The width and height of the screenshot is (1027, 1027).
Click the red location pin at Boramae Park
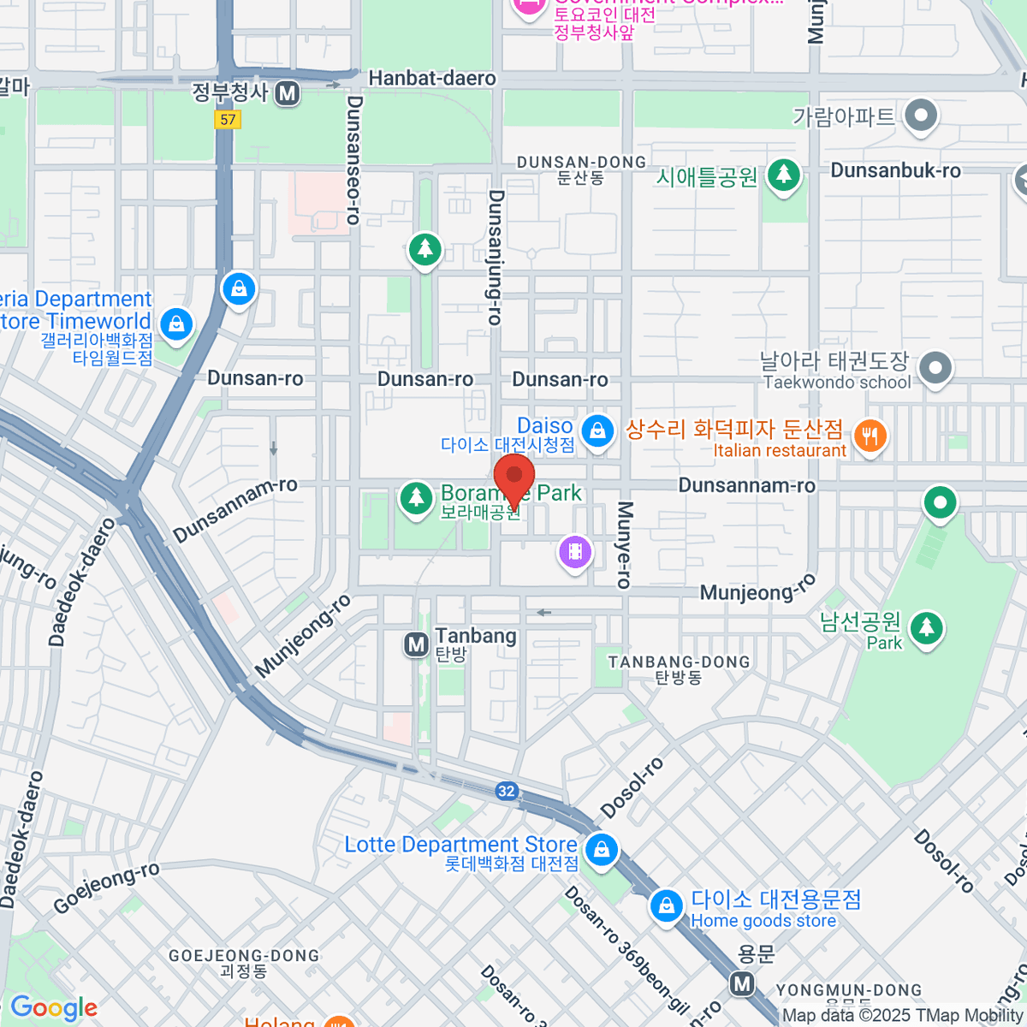coord(514,478)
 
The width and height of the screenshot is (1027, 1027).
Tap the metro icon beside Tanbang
coord(417,644)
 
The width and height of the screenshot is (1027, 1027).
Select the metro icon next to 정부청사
coord(288,93)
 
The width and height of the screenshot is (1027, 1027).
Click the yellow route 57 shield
coord(228,120)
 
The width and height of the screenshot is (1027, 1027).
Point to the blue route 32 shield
coord(507,791)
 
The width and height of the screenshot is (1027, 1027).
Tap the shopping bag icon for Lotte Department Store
coord(602,851)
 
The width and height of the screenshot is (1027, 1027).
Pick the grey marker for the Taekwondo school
coord(935,370)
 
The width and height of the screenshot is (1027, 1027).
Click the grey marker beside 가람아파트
coord(921,115)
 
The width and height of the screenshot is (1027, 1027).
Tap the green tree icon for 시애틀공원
coord(783,175)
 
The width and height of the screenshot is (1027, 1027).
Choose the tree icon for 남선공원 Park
coord(926,629)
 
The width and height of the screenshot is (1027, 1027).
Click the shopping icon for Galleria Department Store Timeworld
coord(176,324)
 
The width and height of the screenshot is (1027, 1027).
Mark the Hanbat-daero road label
coord(431,79)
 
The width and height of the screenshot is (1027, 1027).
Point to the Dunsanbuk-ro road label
coord(895,170)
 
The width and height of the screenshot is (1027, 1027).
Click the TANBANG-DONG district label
coord(679,662)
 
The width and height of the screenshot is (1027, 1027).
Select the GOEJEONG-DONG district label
coord(244,955)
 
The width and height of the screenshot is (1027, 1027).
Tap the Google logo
coord(53,1007)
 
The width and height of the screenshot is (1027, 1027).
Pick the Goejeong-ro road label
coord(106,887)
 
